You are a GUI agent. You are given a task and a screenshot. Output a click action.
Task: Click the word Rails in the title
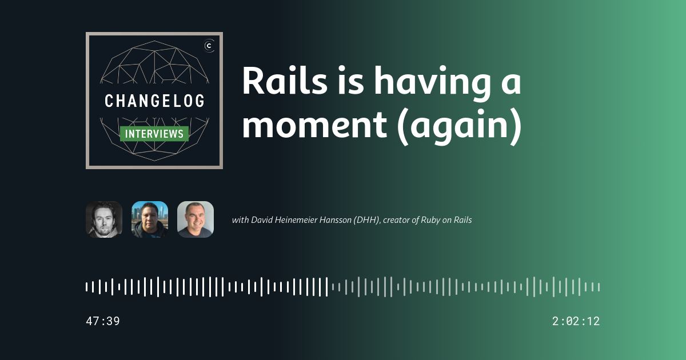[285, 81]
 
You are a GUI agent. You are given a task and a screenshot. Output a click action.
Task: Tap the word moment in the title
[314, 126]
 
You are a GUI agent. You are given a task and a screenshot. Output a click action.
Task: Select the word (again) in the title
[460, 127]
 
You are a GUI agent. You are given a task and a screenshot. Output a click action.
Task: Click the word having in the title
[432, 83]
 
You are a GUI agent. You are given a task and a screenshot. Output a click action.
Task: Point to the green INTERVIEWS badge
[154, 134]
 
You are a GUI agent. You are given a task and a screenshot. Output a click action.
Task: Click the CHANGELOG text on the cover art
[154, 101]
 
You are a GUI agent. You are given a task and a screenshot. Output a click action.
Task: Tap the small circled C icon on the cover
[209, 46]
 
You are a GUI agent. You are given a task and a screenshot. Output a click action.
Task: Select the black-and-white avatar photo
[104, 219]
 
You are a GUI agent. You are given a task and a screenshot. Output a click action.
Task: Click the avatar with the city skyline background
[150, 219]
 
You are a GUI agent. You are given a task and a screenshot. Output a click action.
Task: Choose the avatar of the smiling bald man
[196, 219]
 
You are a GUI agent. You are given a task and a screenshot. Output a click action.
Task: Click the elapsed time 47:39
[103, 321]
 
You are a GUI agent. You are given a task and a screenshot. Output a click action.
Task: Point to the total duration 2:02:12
[576, 321]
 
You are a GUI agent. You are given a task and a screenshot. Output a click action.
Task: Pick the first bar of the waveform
[87, 287]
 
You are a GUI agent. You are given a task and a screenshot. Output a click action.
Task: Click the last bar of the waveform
[599, 287]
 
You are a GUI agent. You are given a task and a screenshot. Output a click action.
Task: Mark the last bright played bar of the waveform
[326, 287]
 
